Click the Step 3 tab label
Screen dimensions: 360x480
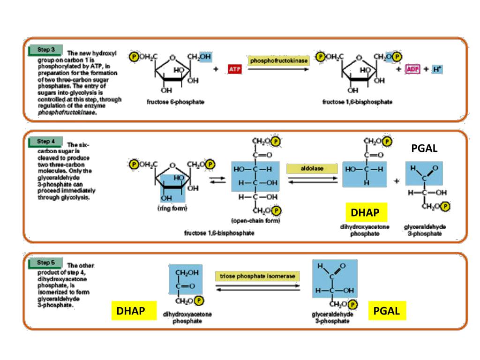pos(45,49)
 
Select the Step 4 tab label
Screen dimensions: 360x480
pos(45,141)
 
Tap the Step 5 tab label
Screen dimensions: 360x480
pos(45,262)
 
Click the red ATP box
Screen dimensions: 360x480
pos(235,69)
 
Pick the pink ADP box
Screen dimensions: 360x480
pos(412,69)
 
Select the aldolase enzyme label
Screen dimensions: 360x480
pos(312,168)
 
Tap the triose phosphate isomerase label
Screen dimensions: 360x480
pos(258,276)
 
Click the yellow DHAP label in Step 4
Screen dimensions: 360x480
pos(365,213)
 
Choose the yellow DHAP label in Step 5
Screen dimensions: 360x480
pos(130,311)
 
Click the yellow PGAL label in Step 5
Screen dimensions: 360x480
pos(387,311)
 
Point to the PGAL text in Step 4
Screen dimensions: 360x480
pos(424,149)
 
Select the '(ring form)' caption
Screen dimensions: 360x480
pos(172,209)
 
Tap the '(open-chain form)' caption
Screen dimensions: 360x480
pos(255,221)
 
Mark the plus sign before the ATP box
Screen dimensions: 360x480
pos(216,69)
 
